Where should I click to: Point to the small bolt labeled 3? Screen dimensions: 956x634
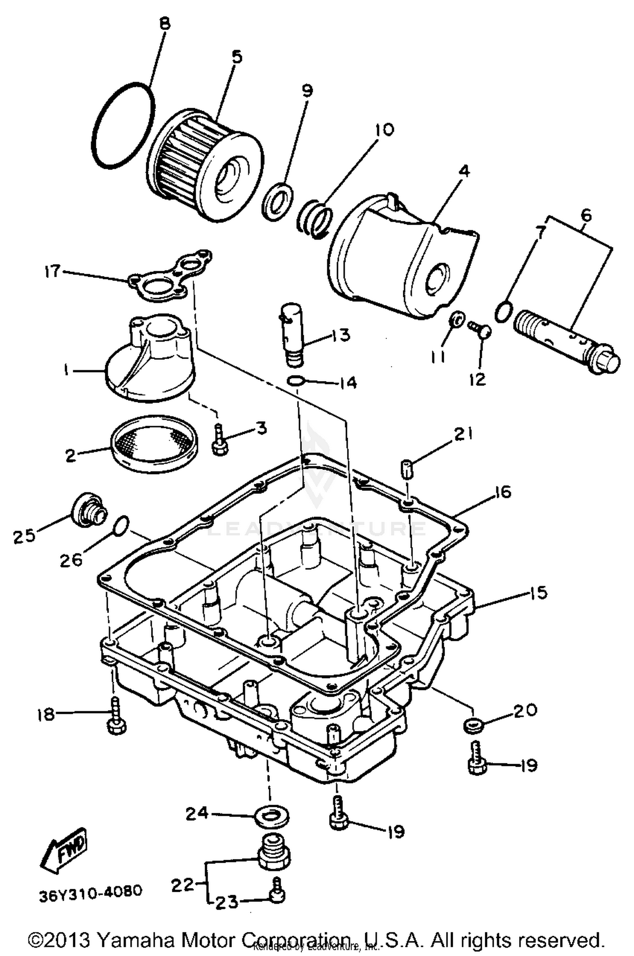click(219, 441)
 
